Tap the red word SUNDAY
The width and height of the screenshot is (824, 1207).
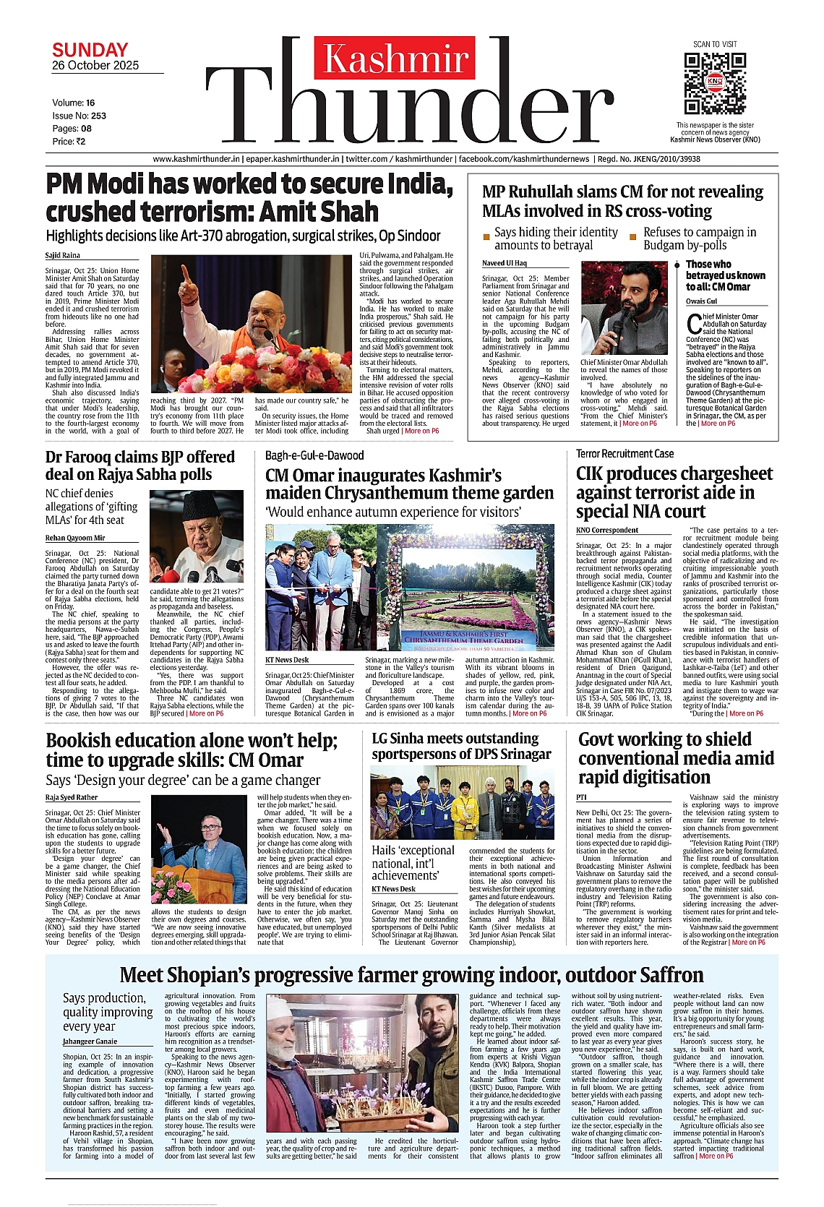tap(90, 50)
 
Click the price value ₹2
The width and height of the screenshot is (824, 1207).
tap(80, 142)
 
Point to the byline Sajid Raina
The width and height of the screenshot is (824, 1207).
tap(63, 255)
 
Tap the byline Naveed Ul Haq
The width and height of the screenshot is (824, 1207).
tap(505, 263)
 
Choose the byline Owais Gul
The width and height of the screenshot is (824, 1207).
tap(701, 301)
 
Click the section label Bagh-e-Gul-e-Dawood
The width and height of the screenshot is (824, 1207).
tap(314, 455)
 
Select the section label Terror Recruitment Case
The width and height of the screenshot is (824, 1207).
tap(625, 454)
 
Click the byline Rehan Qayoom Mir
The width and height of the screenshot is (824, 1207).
tap(75, 538)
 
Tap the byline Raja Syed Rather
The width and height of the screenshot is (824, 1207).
tap(72, 797)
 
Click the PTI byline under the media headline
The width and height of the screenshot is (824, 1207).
tap(581, 797)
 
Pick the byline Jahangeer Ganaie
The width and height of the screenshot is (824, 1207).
tap(90, 1041)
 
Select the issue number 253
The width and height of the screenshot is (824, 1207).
tap(98, 116)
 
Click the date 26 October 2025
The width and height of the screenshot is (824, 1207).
tap(95, 66)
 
